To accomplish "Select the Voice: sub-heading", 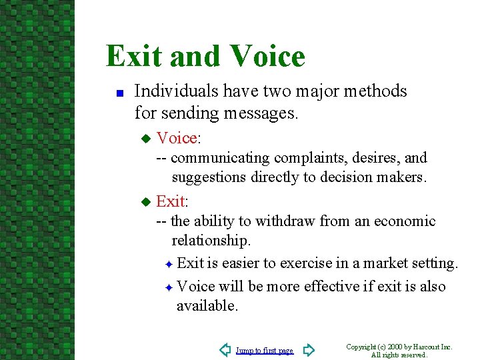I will pyautogui.click(x=179, y=138).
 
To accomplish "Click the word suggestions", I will pyautogui.click(x=209, y=177).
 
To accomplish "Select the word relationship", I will pyautogui.click(x=211, y=240).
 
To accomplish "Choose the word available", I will pyautogui.click(x=207, y=306).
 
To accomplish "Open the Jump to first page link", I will pyautogui.click(x=265, y=351).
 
